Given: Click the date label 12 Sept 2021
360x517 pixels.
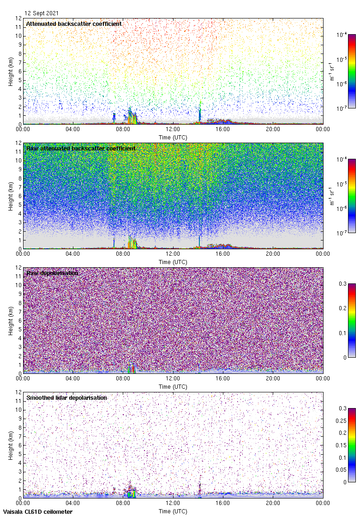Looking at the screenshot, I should point(42,13).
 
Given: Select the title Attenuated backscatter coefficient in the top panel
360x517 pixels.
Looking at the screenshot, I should point(74,24).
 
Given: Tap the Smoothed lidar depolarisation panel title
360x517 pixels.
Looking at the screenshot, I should point(66,397).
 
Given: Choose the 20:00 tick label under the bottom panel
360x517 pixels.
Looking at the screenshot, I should point(273,504).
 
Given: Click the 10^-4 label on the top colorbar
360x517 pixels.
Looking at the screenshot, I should point(342,35).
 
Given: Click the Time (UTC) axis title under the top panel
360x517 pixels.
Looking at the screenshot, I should point(173,137).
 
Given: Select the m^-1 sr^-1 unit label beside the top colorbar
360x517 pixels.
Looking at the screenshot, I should point(332,72).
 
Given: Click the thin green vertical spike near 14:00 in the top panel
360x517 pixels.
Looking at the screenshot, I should point(200,113).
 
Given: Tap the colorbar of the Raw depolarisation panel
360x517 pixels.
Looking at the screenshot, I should point(352,320).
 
